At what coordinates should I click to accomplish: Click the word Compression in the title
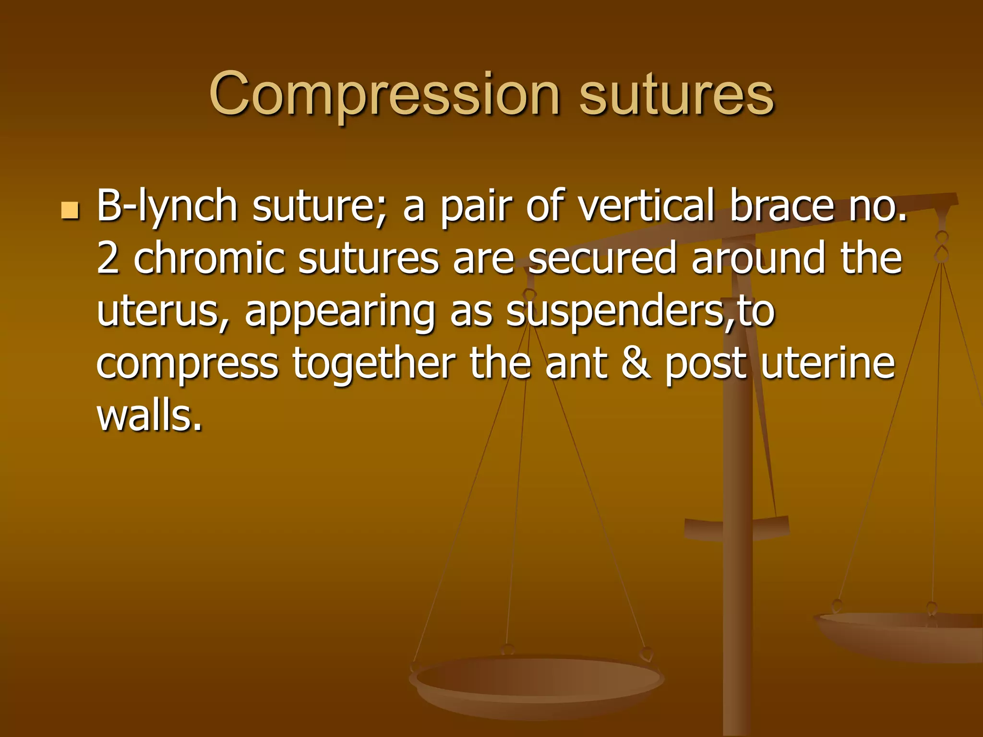[384, 94]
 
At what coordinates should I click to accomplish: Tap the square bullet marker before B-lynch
[70, 211]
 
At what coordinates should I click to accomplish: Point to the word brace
[782, 206]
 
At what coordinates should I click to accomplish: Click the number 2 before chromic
[108, 259]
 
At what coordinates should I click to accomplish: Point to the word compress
[187, 365]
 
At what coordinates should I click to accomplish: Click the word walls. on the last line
[149, 416]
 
